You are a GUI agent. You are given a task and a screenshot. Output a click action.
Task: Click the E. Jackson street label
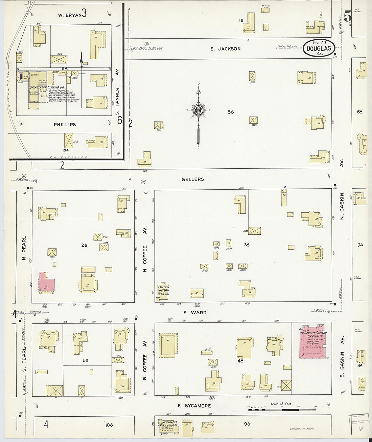pos(225,49)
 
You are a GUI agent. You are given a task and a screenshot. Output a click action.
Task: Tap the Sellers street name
pos(193,179)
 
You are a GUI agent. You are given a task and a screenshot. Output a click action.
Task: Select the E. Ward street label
pos(194,313)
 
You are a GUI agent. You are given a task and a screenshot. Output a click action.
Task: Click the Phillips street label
pos(65,125)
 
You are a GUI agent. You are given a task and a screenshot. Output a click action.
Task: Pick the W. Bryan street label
pos(69,15)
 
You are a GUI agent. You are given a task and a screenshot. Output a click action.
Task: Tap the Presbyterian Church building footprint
pos(164,291)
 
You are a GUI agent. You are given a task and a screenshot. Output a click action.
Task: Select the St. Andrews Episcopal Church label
pos(168,424)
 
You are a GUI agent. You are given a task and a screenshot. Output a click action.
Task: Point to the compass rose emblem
pos(198,110)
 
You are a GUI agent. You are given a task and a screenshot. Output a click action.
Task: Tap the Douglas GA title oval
pos(319,48)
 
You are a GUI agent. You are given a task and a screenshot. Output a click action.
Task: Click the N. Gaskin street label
pos(342,206)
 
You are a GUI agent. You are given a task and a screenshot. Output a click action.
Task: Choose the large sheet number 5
pos(347,16)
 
